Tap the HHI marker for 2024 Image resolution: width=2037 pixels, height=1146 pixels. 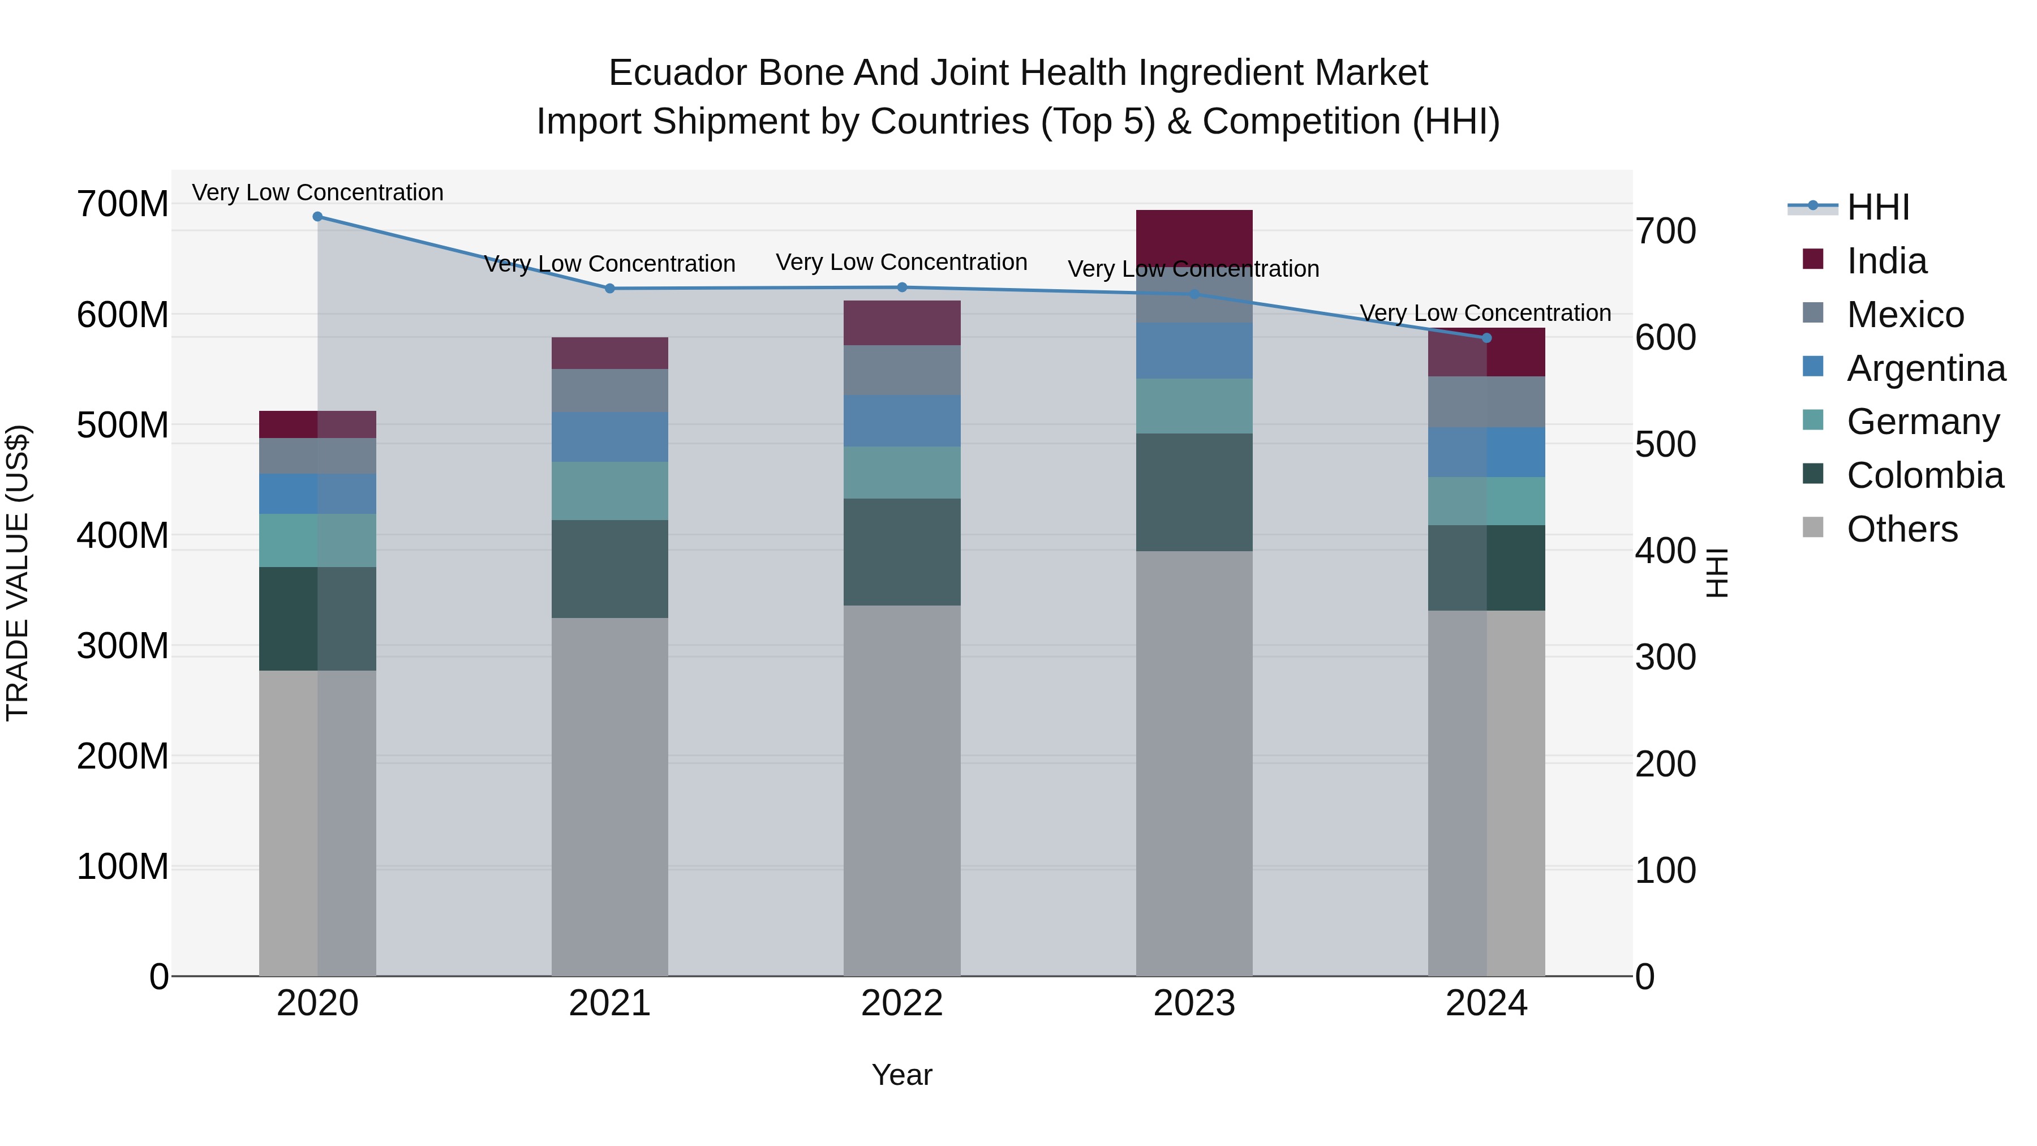point(1486,338)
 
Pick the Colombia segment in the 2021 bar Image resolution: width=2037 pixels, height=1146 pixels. point(609,569)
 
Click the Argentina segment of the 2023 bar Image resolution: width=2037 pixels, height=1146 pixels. point(1194,350)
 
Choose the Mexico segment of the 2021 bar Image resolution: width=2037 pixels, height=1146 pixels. point(609,390)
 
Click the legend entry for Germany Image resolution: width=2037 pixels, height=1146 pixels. point(1922,422)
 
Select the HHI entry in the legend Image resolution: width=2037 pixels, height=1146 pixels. point(1877,207)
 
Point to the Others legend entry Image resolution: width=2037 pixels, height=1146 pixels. point(1901,529)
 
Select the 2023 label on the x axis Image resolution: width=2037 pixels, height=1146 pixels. point(1194,1003)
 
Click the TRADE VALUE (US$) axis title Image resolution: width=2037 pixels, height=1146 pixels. point(18,573)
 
